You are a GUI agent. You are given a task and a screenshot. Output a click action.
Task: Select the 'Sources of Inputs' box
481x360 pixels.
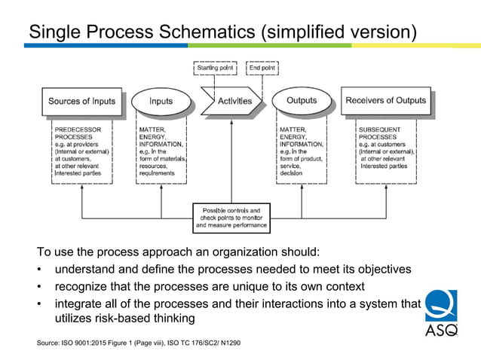[81, 101]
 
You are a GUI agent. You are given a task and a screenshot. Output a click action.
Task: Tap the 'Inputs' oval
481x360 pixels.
[161, 101]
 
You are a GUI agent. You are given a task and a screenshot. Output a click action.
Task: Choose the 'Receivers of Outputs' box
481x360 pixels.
[385, 101]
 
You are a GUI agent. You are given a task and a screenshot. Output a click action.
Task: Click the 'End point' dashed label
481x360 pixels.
[263, 69]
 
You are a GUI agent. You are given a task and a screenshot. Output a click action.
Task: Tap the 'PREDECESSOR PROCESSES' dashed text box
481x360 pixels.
[82, 151]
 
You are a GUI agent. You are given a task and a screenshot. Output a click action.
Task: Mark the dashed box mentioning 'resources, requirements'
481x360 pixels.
[161, 151]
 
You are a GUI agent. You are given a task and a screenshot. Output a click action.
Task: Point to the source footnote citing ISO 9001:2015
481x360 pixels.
[139, 344]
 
